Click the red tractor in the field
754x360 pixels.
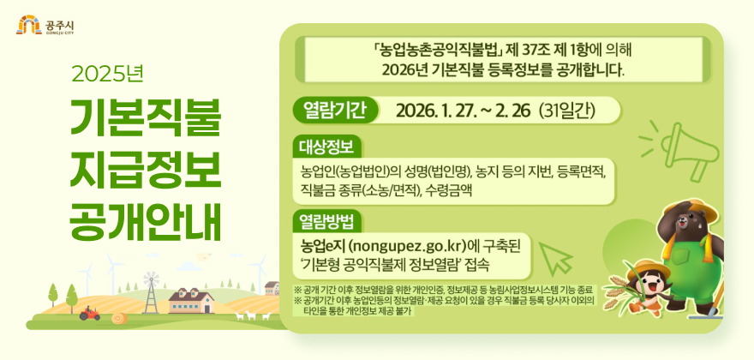(x=89, y=315)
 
